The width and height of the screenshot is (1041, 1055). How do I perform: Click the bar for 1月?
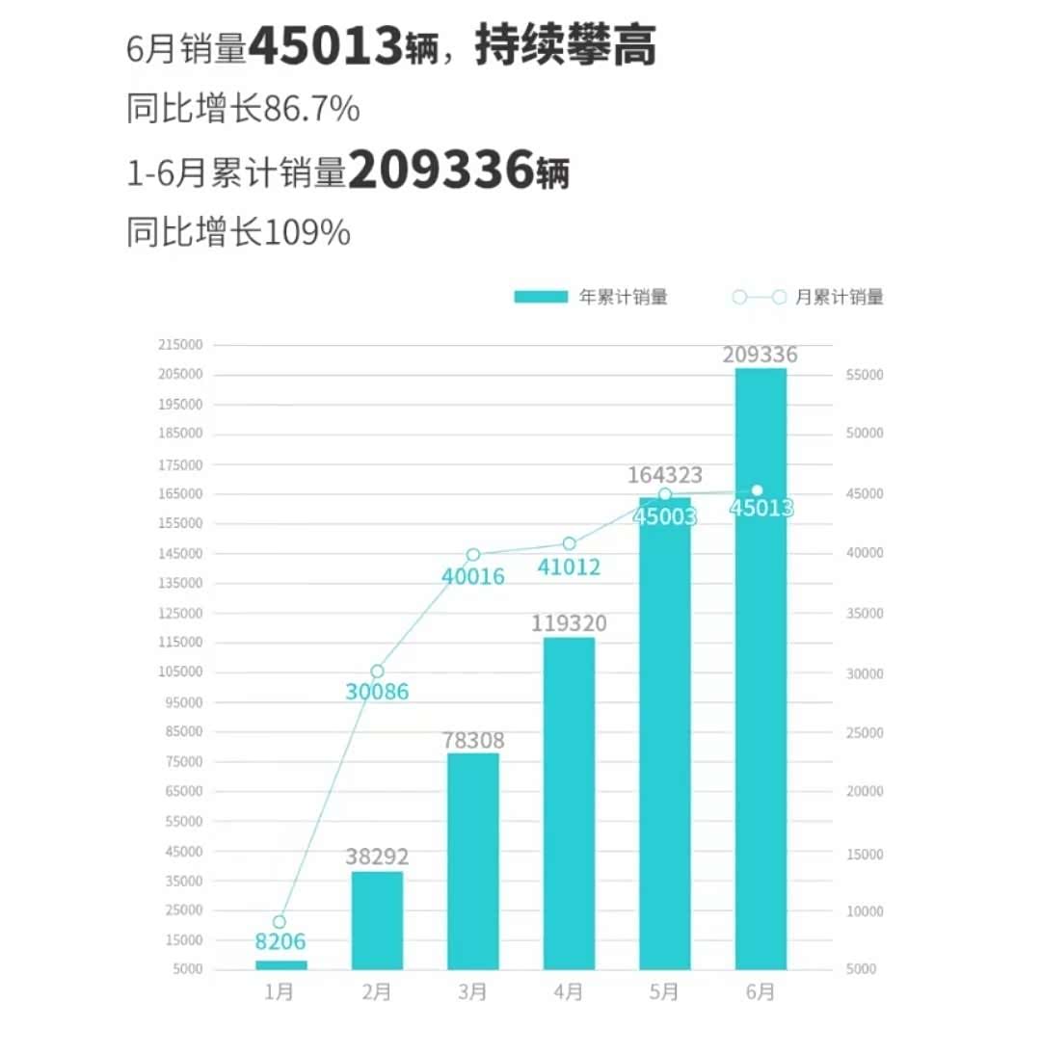pos(280,964)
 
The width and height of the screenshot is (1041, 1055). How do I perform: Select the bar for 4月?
pos(569,803)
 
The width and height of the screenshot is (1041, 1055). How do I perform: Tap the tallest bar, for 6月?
pos(761,668)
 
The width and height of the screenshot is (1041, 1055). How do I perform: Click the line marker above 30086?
pos(377,671)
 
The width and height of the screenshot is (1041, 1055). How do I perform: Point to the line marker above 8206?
pos(280,922)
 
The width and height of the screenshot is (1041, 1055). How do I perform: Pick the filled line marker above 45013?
pos(758,490)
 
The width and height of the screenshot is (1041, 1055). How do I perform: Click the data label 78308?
pos(473,741)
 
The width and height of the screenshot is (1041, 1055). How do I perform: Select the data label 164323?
pos(665,475)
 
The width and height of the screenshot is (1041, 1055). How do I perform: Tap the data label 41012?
pos(569,567)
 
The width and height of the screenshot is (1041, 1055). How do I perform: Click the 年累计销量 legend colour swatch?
pos(540,297)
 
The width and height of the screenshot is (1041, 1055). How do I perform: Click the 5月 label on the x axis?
pos(664,991)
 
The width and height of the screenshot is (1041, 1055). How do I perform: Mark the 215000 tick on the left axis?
pos(181,345)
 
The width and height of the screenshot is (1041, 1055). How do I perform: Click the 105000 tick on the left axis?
pos(181,673)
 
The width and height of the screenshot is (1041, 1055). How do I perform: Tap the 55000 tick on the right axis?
pos(864,375)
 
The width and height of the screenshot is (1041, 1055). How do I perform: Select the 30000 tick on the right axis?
pos(864,673)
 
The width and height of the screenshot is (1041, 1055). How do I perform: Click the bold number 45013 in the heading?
pos(326,45)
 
